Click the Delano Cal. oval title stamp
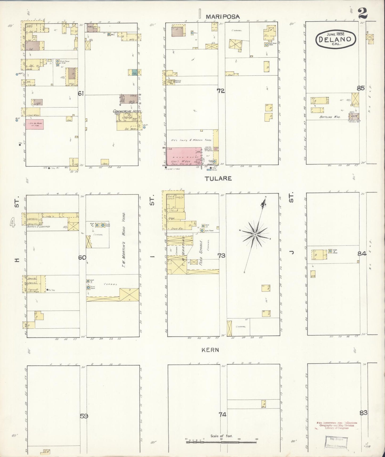[x=336, y=39]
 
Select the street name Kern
[x=210, y=350]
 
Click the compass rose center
[x=255, y=235]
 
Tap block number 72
[x=221, y=91]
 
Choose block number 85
[x=360, y=88]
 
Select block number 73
[x=221, y=256]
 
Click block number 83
[x=363, y=413]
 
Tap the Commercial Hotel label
[x=127, y=111]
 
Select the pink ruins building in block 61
[x=34, y=124]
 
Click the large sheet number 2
[x=363, y=13]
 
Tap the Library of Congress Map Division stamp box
[x=336, y=442]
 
